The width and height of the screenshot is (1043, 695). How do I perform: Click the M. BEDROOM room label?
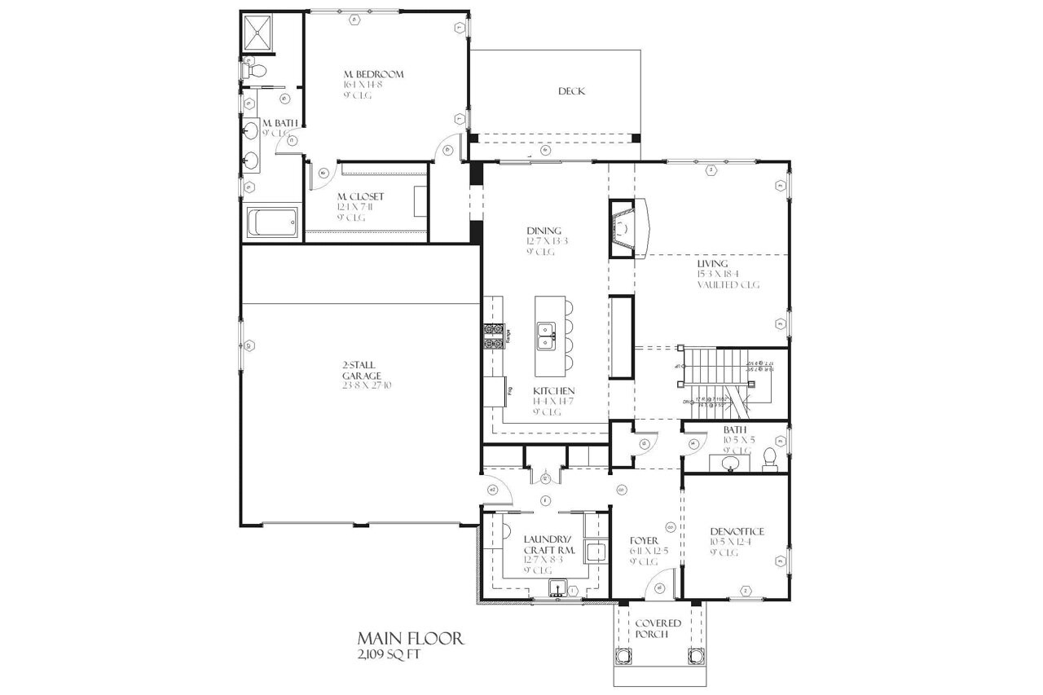click(373, 74)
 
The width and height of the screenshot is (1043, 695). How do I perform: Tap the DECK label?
click(571, 91)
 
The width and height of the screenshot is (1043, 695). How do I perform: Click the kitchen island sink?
click(547, 333)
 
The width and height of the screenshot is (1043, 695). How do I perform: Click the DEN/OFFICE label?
click(737, 532)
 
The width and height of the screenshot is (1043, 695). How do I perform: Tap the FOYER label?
click(644, 540)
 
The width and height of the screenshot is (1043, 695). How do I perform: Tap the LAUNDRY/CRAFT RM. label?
click(549, 545)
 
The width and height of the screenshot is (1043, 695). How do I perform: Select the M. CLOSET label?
click(360, 196)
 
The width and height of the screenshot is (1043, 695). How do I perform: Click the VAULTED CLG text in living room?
click(728, 285)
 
